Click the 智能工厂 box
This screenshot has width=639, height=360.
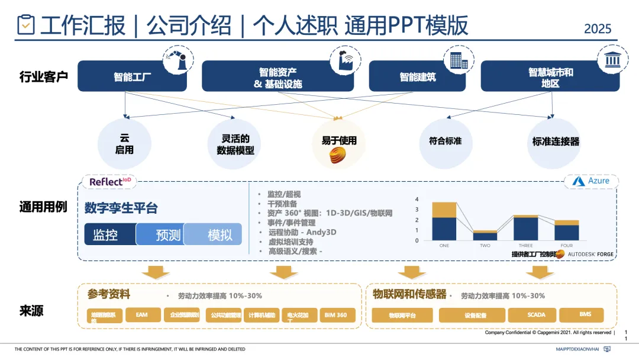132,77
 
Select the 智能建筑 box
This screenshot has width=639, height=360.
417,77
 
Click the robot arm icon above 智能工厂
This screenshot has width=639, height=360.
179,60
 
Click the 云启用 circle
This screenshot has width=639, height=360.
124,144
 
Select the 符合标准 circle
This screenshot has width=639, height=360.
445,142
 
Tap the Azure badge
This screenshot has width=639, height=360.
592,181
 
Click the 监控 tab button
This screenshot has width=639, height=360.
110,234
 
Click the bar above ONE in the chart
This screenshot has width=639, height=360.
444,221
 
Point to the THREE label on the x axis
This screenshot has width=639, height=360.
525,245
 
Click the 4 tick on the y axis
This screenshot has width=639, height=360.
417,200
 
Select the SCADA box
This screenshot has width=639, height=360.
531,315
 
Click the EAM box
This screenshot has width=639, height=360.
142,315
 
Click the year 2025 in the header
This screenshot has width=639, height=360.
598,28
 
